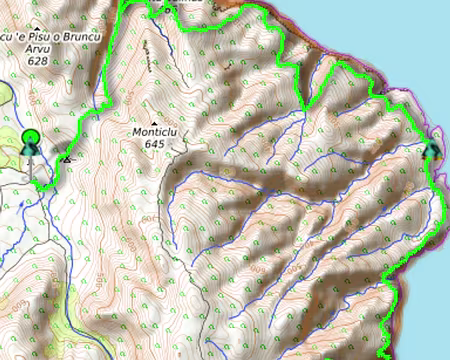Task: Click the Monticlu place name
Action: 155,131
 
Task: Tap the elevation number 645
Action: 154,144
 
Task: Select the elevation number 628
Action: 38,61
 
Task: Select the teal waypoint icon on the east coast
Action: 431,151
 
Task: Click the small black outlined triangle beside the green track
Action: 66,158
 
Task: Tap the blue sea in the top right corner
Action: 420,30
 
